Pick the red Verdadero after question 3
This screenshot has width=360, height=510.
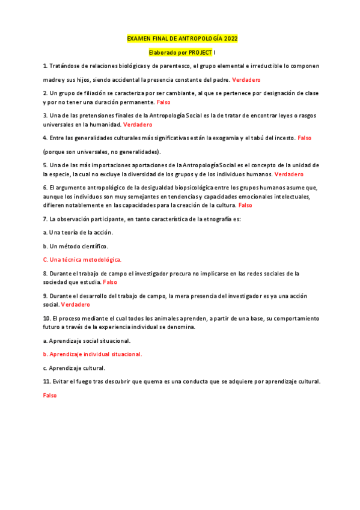pos(138,124)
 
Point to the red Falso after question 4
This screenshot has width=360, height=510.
pos(304,138)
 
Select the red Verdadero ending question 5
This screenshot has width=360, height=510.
pos(289,174)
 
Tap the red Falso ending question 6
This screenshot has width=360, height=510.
pos(245,205)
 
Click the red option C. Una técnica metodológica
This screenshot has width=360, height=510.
pos(82,260)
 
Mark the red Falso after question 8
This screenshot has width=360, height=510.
pos(110,281)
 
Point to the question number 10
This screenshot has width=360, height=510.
pos(47,318)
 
